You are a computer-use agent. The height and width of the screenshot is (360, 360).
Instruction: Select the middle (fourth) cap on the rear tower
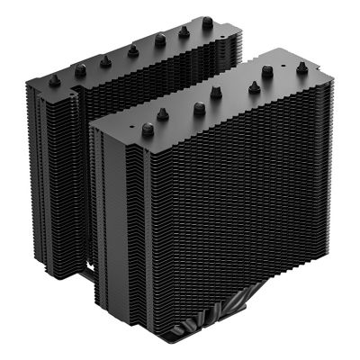point(132,50)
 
